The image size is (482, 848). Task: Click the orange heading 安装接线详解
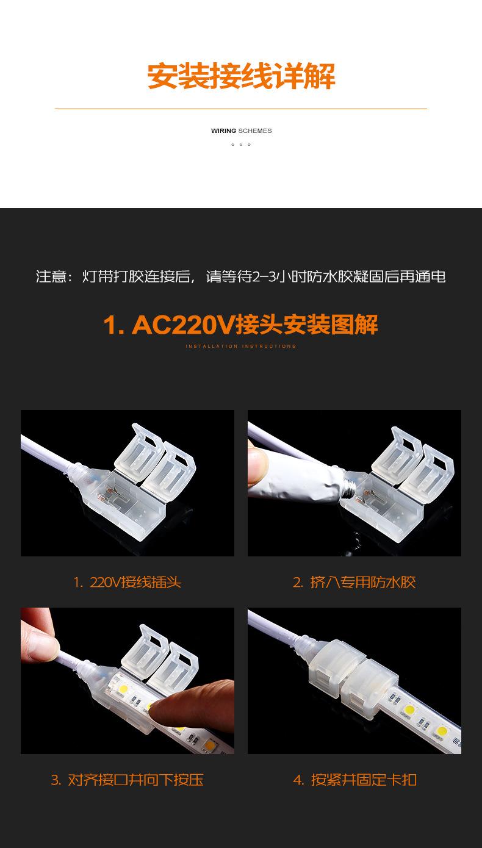coord(241,76)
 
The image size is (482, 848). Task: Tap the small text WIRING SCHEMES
coord(241,131)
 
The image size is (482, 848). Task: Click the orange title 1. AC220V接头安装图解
coord(241,325)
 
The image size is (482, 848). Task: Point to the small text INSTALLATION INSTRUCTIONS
coord(241,346)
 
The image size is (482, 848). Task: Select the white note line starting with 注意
coord(241,277)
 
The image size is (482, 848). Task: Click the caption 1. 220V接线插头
coord(128,582)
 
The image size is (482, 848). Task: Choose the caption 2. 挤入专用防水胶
coord(354,582)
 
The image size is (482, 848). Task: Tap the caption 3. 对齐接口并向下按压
coord(128,780)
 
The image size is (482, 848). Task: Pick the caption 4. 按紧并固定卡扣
coord(354,780)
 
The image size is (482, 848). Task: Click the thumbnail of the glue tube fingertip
coord(257,464)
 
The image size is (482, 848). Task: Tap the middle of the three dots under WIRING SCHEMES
coord(241,145)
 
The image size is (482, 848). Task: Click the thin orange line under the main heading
coord(241,109)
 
